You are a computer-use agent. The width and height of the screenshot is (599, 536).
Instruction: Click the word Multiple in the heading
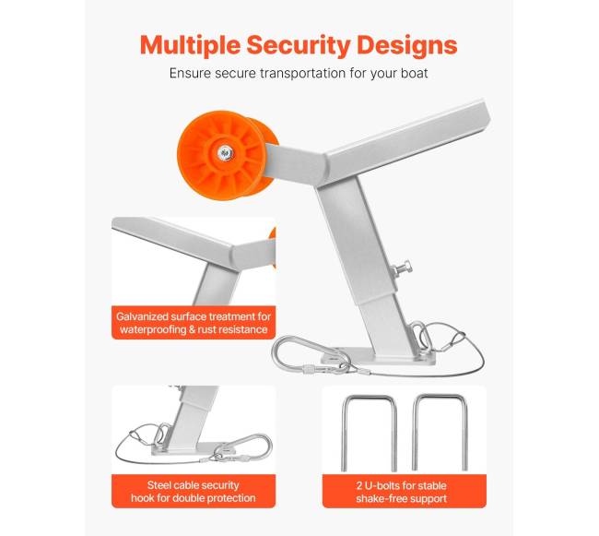tap(190, 45)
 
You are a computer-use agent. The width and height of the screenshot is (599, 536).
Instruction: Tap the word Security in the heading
tap(298, 46)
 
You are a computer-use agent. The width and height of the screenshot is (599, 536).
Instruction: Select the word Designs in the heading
tap(406, 45)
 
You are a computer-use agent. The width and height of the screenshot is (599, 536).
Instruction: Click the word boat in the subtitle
tap(414, 73)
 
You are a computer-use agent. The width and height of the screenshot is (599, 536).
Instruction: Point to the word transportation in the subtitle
tap(302, 73)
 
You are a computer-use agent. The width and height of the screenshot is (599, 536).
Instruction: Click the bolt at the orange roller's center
tap(225, 153)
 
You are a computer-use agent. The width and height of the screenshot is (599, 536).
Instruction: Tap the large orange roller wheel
tap(226, 155)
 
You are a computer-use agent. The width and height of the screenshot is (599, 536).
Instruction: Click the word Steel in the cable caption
tap(159, 485)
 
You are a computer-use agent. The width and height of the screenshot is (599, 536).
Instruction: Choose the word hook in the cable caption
tap(141, 498)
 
